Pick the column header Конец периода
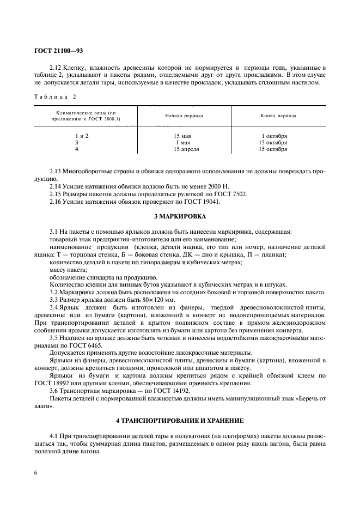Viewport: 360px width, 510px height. [x=278, y=116]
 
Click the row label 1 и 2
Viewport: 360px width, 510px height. [x=81, y=136]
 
